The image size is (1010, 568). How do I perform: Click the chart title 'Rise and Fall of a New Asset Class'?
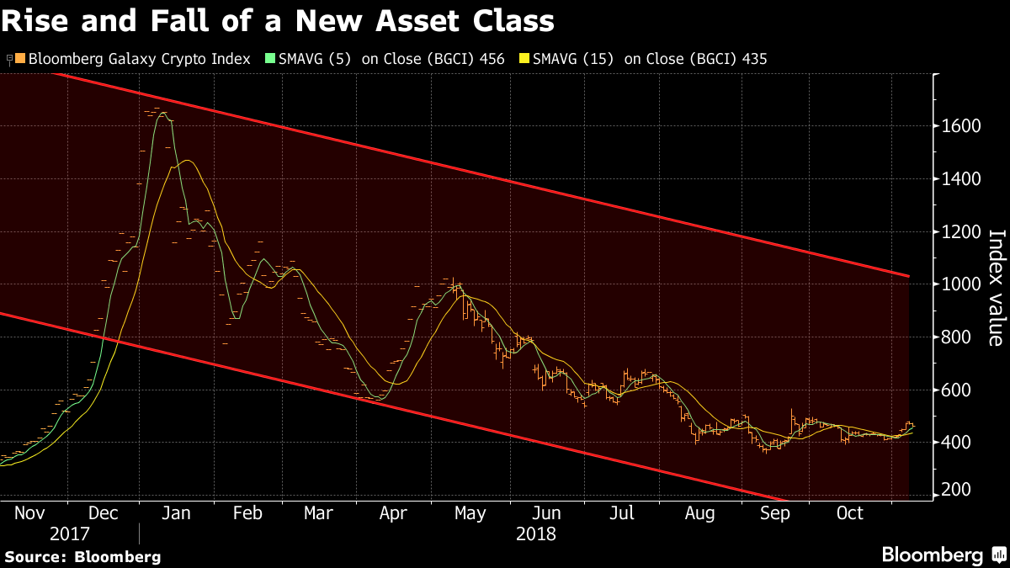[x=279, y=19]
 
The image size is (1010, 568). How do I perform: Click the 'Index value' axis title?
[x=994, y=287]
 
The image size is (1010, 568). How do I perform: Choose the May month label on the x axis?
[x=470, y=513]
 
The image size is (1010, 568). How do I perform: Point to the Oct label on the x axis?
[x=850, y=513]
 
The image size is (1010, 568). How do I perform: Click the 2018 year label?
[x=536, y=533]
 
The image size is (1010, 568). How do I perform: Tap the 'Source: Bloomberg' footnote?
[x=82, y=556]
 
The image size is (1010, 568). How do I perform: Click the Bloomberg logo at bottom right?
[x=942, y=555]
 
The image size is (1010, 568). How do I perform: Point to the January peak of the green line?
[x=163, y=113]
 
